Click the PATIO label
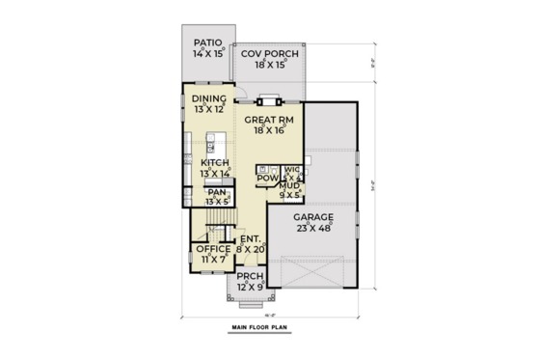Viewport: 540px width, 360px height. point(208,42)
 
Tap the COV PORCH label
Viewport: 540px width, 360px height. point(269,54)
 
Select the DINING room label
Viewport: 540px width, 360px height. point(209,98)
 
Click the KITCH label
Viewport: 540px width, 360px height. point(214,163)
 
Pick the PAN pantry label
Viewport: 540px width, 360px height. point(216,192)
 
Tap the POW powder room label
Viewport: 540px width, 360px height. point(267,178)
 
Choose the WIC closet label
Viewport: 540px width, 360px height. point(290,171)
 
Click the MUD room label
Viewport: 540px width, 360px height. point(288,184)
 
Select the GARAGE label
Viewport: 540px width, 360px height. point(313,217)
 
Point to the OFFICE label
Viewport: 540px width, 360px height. point(213,248)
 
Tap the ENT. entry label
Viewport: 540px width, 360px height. point(250,237)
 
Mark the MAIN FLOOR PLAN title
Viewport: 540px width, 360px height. point(265,329)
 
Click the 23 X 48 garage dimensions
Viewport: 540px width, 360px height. point(313,228)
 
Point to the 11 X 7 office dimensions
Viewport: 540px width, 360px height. point(213,259)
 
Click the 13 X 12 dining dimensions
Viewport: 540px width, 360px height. point(209,109)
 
